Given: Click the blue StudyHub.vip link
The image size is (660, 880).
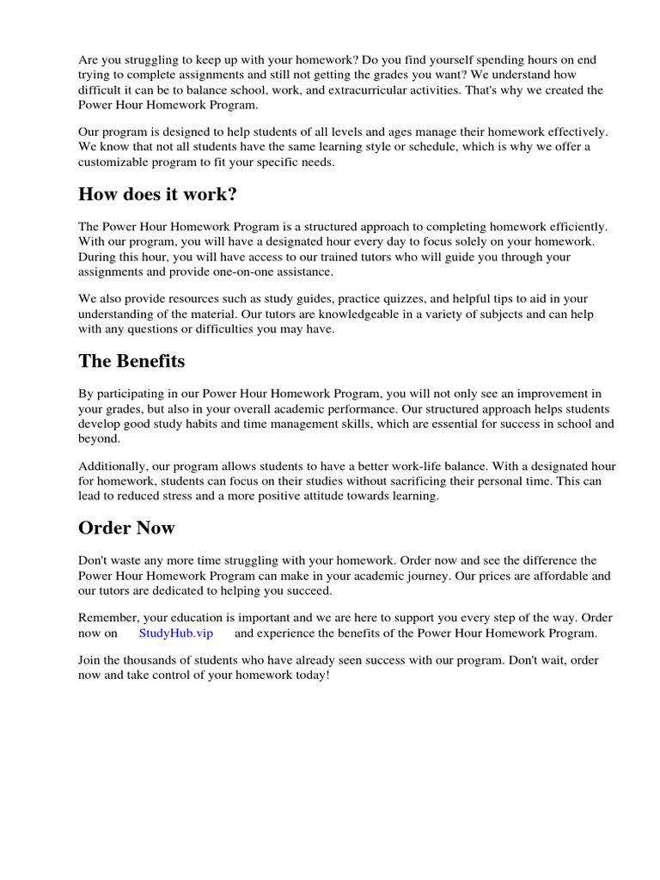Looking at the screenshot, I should point(175,633).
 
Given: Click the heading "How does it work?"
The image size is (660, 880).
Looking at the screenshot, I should point(157,194).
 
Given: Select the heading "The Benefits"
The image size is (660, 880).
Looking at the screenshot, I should point(131,361).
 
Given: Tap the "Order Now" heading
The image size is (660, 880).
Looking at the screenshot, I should point(126,528).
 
